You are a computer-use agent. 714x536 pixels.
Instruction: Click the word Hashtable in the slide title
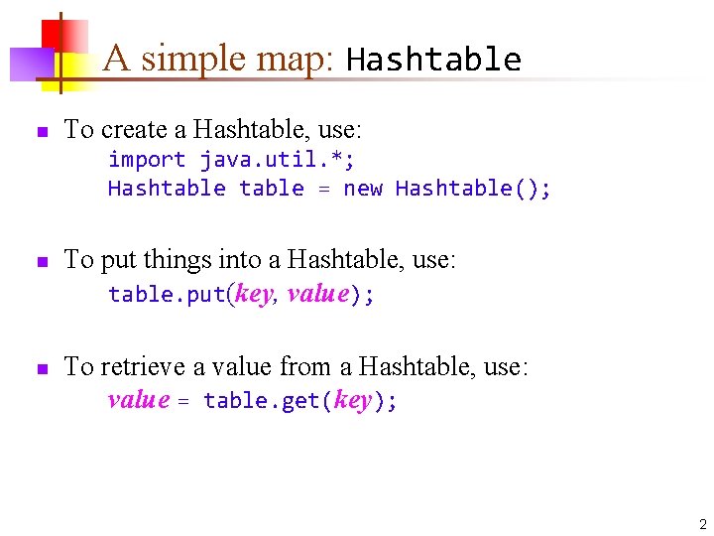(x=433, y=61)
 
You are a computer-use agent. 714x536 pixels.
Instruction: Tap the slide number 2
(x=702, y=523)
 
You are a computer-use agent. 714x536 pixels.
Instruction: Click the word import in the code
(x=147, y=159)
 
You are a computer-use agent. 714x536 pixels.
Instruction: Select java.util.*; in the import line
(x=278, y=159)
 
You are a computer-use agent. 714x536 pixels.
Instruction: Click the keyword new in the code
(x=362, y=189)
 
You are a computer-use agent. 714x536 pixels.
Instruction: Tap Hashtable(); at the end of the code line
(x=473, y=189)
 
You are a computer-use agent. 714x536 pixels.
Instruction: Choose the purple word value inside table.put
(x=317, y=294)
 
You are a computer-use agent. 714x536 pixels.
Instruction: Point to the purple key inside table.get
(x=353, y=401)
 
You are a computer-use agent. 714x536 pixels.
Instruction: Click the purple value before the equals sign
(x=138, y=400)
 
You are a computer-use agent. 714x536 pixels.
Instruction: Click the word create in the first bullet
(x=132, y=130)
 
